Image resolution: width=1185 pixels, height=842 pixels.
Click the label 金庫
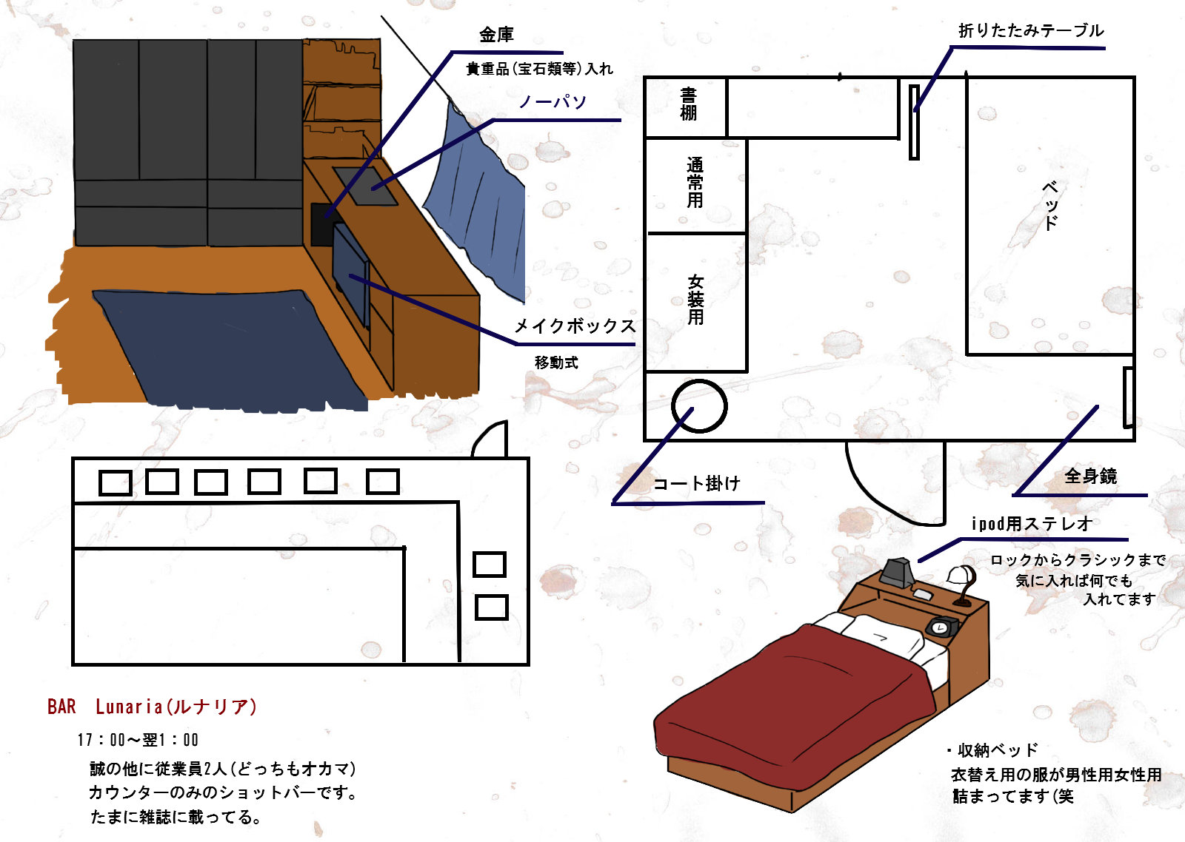496,35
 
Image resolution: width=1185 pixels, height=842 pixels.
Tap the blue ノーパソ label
553,101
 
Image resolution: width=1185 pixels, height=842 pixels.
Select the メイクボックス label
575,326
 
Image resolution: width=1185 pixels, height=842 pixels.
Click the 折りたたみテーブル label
1031,30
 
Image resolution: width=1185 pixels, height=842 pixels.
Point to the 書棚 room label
688,104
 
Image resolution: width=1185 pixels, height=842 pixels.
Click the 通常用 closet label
695,182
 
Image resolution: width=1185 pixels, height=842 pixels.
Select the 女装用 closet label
695,299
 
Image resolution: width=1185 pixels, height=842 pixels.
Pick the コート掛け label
696,483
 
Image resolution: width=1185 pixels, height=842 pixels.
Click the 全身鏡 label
1091,476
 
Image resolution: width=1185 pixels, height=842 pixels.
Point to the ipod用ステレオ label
1032,524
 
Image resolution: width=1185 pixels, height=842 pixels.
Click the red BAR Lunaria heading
152,707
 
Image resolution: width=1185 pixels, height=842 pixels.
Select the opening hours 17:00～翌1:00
138,739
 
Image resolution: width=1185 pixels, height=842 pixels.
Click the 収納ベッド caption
993,750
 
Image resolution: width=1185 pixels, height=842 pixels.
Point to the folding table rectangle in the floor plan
914,122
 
